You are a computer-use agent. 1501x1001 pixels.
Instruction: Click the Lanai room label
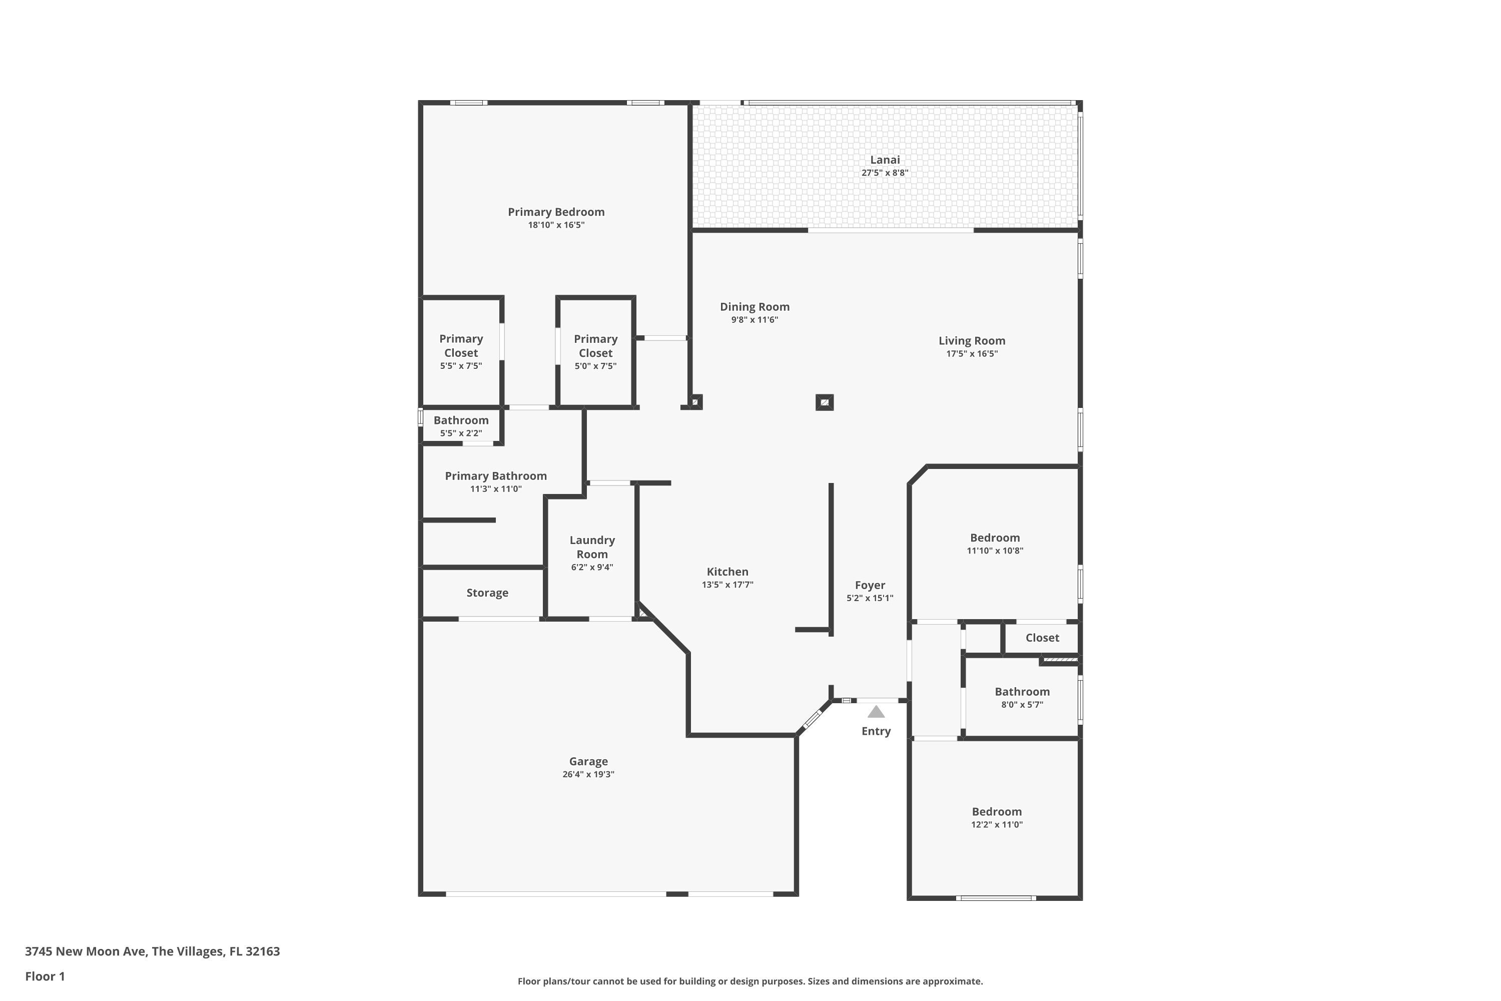point(885,160)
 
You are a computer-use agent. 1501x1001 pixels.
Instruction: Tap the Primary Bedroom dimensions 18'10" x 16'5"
point(556,225)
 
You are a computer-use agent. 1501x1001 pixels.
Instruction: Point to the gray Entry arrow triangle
point(876,712)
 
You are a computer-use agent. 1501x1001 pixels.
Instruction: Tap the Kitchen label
point(727,572)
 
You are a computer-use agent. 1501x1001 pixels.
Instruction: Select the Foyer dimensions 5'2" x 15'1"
point(870,599)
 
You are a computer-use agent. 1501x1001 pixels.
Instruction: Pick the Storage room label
point(487,593)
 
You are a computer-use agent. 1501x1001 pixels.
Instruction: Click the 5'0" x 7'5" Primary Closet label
point(595,346)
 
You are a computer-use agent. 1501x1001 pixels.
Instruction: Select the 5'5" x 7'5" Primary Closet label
point(461,346)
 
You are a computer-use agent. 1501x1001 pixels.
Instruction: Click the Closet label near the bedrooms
point(1042,638)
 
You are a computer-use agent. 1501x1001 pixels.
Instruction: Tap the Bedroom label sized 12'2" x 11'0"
point(996,812)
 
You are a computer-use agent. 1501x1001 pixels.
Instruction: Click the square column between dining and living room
point(825,403)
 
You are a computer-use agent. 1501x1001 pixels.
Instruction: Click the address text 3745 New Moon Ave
point(86,952)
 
